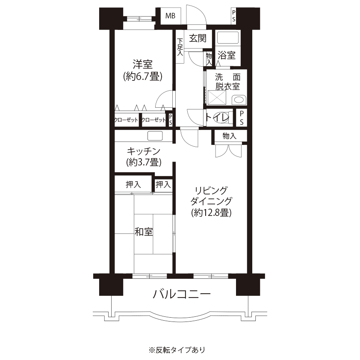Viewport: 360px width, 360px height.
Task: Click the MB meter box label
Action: tap(170, 16)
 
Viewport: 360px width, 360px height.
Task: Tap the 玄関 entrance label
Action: tap(198, 38)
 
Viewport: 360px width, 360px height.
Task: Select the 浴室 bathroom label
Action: tap(227, 55)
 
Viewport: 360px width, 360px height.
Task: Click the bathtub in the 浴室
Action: tap(228, 38)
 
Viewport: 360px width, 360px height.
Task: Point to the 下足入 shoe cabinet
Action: tap(180, 47)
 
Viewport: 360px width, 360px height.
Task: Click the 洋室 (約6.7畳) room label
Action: tap(143, 70)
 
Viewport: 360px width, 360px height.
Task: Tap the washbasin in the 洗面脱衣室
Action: tap(239, 100)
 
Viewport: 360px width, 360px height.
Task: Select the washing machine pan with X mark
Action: tap(217, 97)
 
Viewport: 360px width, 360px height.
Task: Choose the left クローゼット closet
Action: tap(127, 120)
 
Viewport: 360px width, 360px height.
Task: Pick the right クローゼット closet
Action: tap(153, 120)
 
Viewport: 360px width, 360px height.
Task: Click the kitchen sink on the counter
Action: tap(155, 136)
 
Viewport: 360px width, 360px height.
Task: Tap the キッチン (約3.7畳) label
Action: tap(144, 157)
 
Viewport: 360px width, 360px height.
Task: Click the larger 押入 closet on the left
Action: tap(133, 184)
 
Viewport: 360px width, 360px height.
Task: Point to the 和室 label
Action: tap(144, 232)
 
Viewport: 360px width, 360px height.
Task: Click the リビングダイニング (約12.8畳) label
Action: tap(212, 202)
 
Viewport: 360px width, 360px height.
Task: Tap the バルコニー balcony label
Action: tap(182, 294)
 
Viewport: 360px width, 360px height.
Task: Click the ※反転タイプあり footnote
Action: tap(177, 350)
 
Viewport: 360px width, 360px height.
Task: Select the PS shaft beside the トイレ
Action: tap(242, 118)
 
